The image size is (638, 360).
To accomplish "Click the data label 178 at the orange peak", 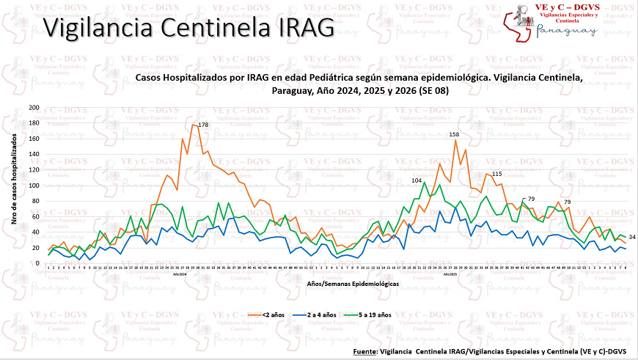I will point(203,125).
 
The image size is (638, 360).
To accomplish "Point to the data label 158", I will point(454,134).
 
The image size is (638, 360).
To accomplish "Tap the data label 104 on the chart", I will point(417,180).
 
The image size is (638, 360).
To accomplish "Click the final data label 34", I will point(631,237).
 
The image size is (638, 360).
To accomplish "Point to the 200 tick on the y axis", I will point(34,108).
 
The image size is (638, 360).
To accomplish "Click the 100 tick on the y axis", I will point(34,185).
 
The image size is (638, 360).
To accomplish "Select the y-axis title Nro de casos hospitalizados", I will point(15,185).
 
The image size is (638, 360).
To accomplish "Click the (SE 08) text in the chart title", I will point(431,90).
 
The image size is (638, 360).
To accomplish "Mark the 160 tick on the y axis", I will point(34,139).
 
